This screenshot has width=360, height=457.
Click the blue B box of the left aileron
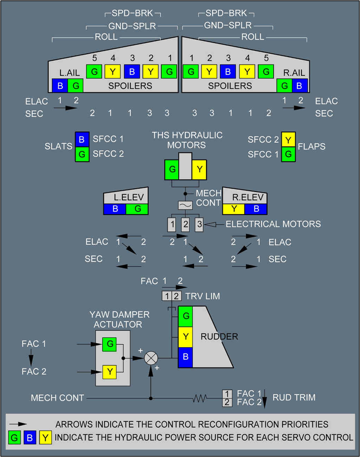click(60, 86)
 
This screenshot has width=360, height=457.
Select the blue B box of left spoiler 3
click(132, 72)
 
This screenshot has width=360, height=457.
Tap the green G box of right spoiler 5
click(266, 72)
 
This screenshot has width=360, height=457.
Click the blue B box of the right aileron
click(300, 86)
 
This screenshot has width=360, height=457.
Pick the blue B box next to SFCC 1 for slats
click(82, 139)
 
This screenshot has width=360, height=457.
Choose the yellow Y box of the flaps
click(288, 140)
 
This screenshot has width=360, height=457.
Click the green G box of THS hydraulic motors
click(172, 169)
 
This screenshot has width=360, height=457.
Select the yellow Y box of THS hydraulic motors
click(199, 169)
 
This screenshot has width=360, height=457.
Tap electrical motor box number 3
click(199, 224)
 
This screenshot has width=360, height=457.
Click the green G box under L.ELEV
click(137, 209)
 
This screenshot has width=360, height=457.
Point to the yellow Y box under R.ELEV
click(234, 209)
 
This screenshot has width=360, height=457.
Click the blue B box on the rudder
click(185, 357)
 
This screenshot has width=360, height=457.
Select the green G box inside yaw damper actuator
click(109, 344)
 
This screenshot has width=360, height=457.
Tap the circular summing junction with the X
click(151, 358)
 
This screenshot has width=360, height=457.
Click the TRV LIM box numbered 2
click(176, 296)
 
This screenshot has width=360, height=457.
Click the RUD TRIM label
click(294, 398)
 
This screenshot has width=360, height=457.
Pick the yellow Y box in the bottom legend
click(45, 438)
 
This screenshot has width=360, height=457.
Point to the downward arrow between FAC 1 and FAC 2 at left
click(31, 358)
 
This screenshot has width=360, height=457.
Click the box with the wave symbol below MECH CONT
click(185, 205)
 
